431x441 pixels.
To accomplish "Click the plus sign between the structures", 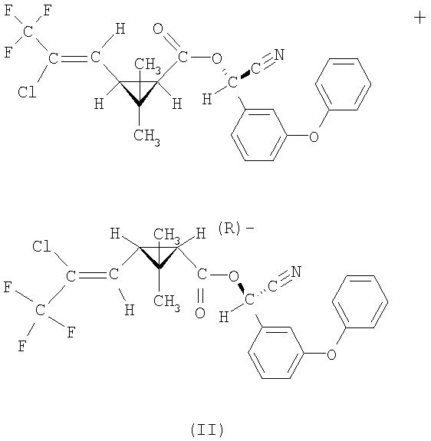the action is click(419, 18).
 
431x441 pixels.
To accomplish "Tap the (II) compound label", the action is click(207, 429).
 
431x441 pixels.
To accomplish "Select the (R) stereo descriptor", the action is click(229, 229).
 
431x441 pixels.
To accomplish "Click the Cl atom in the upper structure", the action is click(27, 92).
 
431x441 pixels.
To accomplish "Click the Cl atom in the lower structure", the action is click(41, 246).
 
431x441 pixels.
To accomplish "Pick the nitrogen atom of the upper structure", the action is click(279, 54).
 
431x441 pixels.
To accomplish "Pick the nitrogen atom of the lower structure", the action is click(296, 272).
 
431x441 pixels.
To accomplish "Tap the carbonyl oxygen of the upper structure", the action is click(158, 28).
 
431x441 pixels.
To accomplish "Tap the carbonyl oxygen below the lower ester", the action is click(200, 313).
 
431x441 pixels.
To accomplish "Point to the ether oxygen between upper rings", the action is click(314, 137).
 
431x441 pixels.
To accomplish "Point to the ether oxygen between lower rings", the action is click(332, 354).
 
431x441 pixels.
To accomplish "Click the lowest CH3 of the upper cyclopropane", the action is click(146, 137).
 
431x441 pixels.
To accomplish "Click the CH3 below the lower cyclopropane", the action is click(166, 301).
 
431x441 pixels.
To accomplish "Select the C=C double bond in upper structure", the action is click(74, 58).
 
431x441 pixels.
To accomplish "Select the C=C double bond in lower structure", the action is click(92, 275).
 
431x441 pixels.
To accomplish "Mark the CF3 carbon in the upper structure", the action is click(28, 31).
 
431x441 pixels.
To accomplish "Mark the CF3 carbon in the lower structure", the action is click(41, 310).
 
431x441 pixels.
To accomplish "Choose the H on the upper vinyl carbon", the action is click(120, 29).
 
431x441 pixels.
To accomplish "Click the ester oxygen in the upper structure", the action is click(217, 58).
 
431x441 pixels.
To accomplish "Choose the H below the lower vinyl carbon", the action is click(130, 310).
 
